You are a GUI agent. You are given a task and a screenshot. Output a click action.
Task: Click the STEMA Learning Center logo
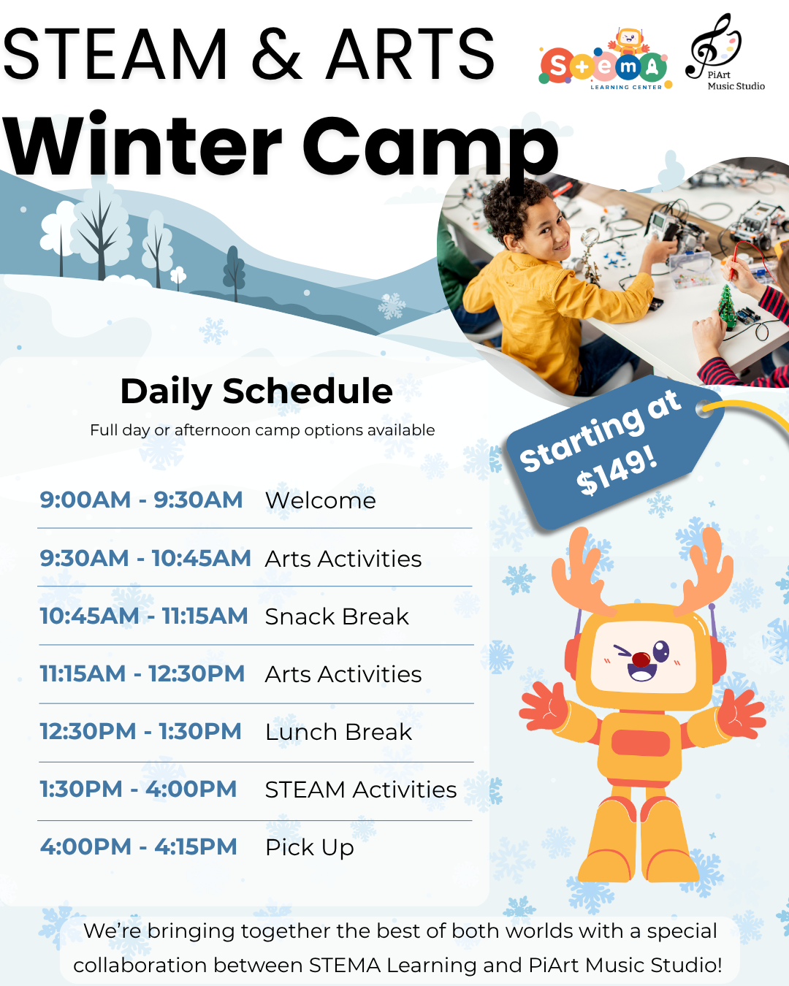point(605,60)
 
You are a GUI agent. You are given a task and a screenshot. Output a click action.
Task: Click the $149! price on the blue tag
point(617,472)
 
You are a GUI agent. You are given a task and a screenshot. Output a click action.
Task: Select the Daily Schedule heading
point(256,391)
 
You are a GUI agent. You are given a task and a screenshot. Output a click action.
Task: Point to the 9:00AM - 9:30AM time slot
point(141,500)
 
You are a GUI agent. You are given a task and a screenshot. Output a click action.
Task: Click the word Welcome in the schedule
point(321,500)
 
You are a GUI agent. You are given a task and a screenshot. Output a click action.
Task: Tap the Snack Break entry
point(337,616)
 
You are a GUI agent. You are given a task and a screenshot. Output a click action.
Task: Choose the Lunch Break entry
point(339,732)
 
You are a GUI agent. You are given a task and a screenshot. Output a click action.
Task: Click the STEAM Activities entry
point(361,790)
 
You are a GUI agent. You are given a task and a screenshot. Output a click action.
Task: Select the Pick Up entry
point(310,848)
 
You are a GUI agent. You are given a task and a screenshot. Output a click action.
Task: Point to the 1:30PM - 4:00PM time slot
point(139,789)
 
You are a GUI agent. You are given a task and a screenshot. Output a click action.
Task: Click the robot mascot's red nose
point(641,660)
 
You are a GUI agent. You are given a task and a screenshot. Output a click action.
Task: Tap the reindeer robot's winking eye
point(622,651)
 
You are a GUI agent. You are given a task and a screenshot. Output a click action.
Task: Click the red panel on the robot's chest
point(641,742)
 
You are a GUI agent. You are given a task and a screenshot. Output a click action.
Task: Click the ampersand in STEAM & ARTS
point(277,54)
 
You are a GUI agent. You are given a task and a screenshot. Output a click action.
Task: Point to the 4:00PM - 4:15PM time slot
point(139,846)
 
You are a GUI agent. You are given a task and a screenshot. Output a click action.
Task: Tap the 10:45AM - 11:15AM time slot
point(144,616)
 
